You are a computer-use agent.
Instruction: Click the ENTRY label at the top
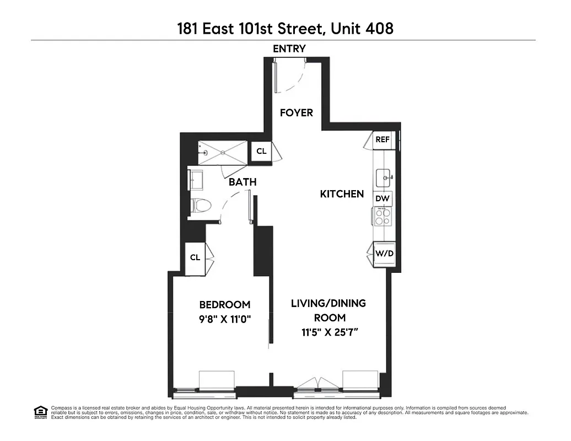tap(289, 49)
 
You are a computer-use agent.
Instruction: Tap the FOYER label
tap(296, 112)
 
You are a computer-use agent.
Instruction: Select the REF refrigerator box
tap(383, 140)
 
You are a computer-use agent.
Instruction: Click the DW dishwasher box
tap(383, 198)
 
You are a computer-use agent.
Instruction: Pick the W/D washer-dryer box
tap(384, 254)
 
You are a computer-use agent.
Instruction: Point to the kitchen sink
tap(384, 178)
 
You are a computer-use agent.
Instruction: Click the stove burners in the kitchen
tap(383, 216)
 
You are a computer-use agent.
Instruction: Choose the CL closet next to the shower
tap(261, 151)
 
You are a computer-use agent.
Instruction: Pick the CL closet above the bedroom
tap(195, 258)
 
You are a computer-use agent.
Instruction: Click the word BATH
tap(243, 182)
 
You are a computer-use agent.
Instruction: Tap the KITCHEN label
tap(342, 193)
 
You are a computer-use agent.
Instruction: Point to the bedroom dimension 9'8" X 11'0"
tap(225, 318)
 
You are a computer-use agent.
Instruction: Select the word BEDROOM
tap(225, 304)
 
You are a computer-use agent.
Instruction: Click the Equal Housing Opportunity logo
tap(40, 411)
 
